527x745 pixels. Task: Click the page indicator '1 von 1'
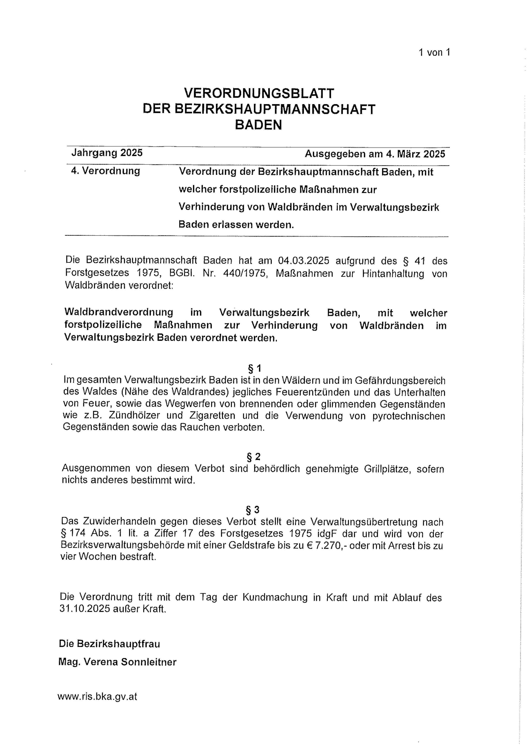[434, 53]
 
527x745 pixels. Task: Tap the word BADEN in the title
[259, 125]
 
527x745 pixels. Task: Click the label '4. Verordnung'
[106, 171]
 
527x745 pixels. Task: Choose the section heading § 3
[253, 510]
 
